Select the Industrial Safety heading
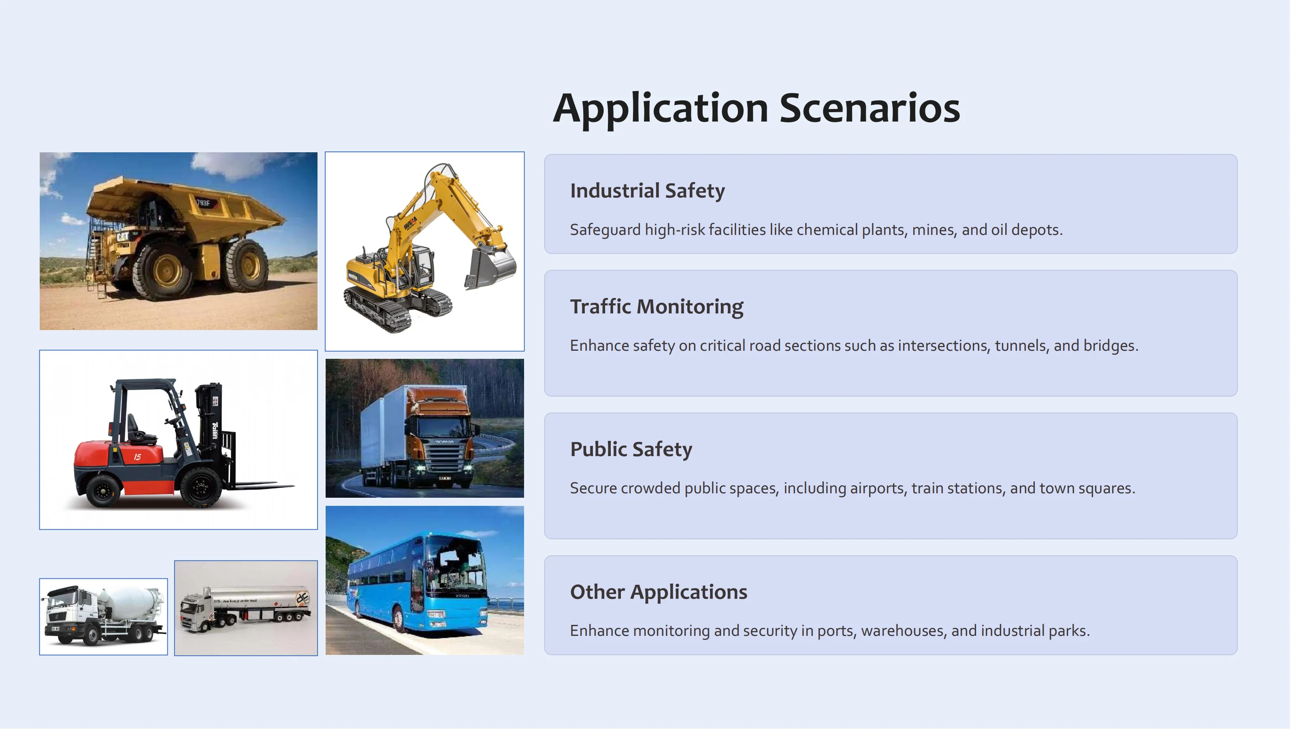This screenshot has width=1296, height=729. click(x=647, y=191)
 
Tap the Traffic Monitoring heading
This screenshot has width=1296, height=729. click(x=656, y=307)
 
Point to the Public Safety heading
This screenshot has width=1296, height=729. click(x=631, y=449)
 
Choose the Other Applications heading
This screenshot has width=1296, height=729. click(x=658, y=592)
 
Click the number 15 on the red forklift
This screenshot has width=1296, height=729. click(x=137, y=457)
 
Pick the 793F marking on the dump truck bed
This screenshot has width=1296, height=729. click(x=203, y=203)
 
